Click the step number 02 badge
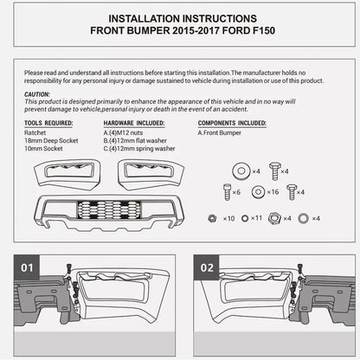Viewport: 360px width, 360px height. point(206,268)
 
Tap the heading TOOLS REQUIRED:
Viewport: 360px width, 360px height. point(48,124)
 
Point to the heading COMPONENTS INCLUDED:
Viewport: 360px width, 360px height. point(234,124)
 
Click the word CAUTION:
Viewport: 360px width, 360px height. point(37,94)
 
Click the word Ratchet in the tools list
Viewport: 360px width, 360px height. point(37,132)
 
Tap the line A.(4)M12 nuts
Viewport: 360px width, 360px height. point(128,132)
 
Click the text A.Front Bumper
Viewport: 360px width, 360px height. point(221,132)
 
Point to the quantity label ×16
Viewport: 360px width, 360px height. point(273,192)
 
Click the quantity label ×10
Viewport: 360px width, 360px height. point(228,218)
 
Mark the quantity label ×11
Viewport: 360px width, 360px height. point(257,218)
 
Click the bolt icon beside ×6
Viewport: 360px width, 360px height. point(228,191)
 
